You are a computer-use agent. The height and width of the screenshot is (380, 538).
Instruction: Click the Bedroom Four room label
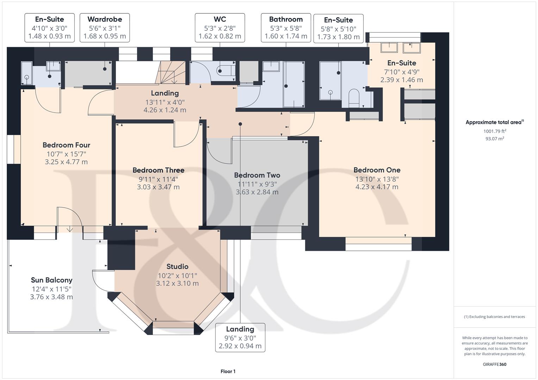66,145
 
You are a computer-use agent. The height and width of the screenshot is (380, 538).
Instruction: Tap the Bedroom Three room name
158,170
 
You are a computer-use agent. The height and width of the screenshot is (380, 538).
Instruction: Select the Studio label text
177,267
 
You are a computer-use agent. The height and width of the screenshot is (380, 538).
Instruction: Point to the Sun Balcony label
51,280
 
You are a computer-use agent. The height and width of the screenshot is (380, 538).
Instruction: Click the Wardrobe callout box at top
105,27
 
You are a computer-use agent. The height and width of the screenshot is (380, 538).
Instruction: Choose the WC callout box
219,27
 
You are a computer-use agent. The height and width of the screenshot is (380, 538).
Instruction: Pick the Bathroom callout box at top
286,27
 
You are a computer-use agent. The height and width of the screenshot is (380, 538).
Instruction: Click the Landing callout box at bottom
240,337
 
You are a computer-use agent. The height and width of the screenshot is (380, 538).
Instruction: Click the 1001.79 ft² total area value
495,131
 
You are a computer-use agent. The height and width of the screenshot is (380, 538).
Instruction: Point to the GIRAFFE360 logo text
494,364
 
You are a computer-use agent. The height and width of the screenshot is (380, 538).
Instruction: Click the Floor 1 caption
228,371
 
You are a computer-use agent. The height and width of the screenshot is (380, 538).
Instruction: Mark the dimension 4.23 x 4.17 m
377,187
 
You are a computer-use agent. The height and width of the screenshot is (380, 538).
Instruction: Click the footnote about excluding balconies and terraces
494,317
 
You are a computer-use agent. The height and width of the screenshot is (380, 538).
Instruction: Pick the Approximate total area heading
494,122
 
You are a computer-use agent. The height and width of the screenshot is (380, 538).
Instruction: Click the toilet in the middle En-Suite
353,97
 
